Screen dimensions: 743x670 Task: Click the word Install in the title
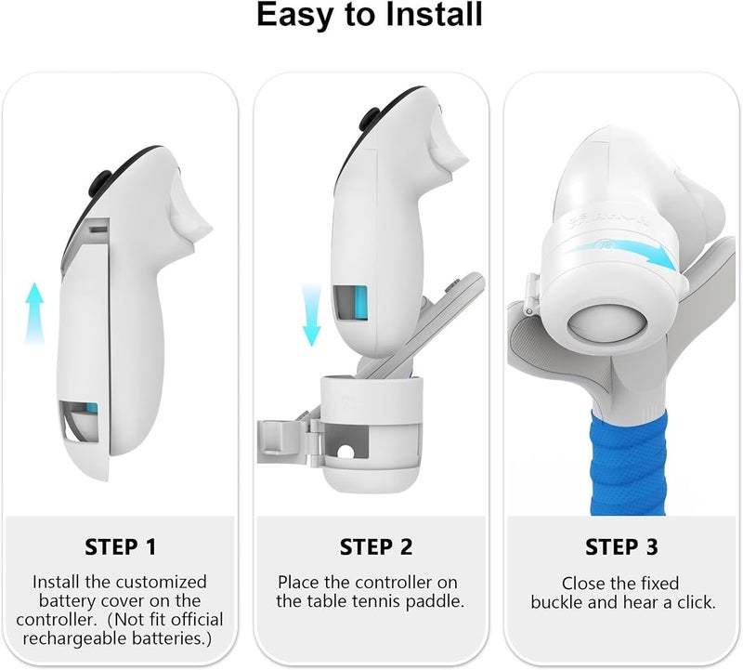434,14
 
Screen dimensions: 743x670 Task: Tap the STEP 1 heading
121,546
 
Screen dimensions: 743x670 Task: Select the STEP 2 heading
376,546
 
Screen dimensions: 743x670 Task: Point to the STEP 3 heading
621,546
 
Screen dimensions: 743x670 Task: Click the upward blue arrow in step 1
34,313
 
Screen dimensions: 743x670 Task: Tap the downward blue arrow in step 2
311,315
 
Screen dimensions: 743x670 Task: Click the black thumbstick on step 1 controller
99,182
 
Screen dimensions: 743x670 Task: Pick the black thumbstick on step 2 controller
369,119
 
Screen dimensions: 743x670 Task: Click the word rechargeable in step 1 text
75,638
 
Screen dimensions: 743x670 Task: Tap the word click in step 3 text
696,602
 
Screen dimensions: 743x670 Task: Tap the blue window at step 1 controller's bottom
92,409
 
